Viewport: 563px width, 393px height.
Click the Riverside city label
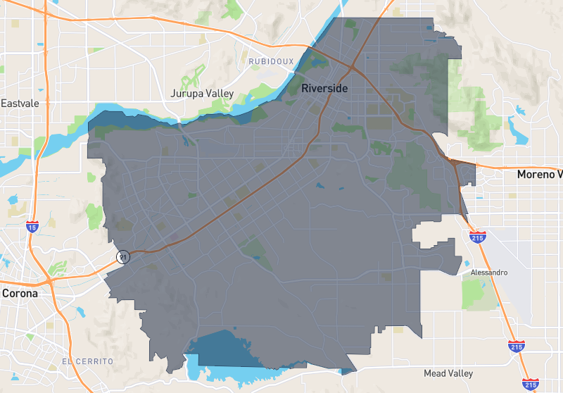(324, 89)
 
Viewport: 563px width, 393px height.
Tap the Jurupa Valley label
(202, 93)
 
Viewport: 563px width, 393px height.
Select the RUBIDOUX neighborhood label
(271, 62)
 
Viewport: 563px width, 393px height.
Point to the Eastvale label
(19, 103)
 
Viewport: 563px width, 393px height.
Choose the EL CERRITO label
(87, 361)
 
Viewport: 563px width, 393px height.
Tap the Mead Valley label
(448, 373)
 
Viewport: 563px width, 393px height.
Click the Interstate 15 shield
(32, 226)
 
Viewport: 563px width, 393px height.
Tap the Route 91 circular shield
(123, 257)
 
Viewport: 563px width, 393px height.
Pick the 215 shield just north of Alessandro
(478, 237)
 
